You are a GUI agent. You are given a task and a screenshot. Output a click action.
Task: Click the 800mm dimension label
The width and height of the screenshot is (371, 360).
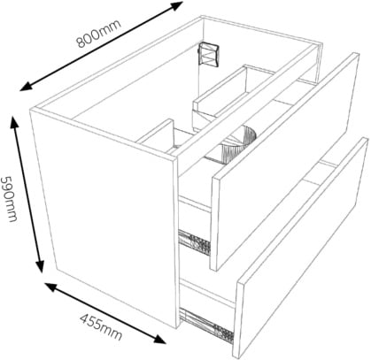click(99, 33)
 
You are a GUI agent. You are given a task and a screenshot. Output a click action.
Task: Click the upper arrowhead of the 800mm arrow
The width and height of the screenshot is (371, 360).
click(176, 6)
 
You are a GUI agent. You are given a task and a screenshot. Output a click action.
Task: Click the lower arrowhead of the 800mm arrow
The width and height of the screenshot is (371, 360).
click(27, 86)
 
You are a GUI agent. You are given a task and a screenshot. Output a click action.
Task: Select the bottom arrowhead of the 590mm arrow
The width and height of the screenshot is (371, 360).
click(40, 265)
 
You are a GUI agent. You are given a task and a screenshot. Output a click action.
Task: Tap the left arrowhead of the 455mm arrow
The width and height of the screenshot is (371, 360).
click(51, 287)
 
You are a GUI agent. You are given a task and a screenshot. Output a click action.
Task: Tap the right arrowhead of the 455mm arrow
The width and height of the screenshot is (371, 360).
click(160, 339)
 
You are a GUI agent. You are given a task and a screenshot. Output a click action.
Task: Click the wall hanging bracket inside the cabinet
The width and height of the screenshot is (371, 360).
click(208, 55)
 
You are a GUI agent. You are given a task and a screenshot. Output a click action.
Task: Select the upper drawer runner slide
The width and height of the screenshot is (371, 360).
click(195, 242)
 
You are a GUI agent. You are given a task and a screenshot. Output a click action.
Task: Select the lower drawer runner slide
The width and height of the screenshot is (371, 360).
click(207, 326)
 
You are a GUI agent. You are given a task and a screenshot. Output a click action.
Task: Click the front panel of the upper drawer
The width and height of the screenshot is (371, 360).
click(286, 161)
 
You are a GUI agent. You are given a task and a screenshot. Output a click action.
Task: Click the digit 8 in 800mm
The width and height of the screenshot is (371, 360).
click(81, 42)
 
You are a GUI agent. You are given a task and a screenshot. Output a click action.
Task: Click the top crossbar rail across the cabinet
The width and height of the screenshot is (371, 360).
click(246, 99)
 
